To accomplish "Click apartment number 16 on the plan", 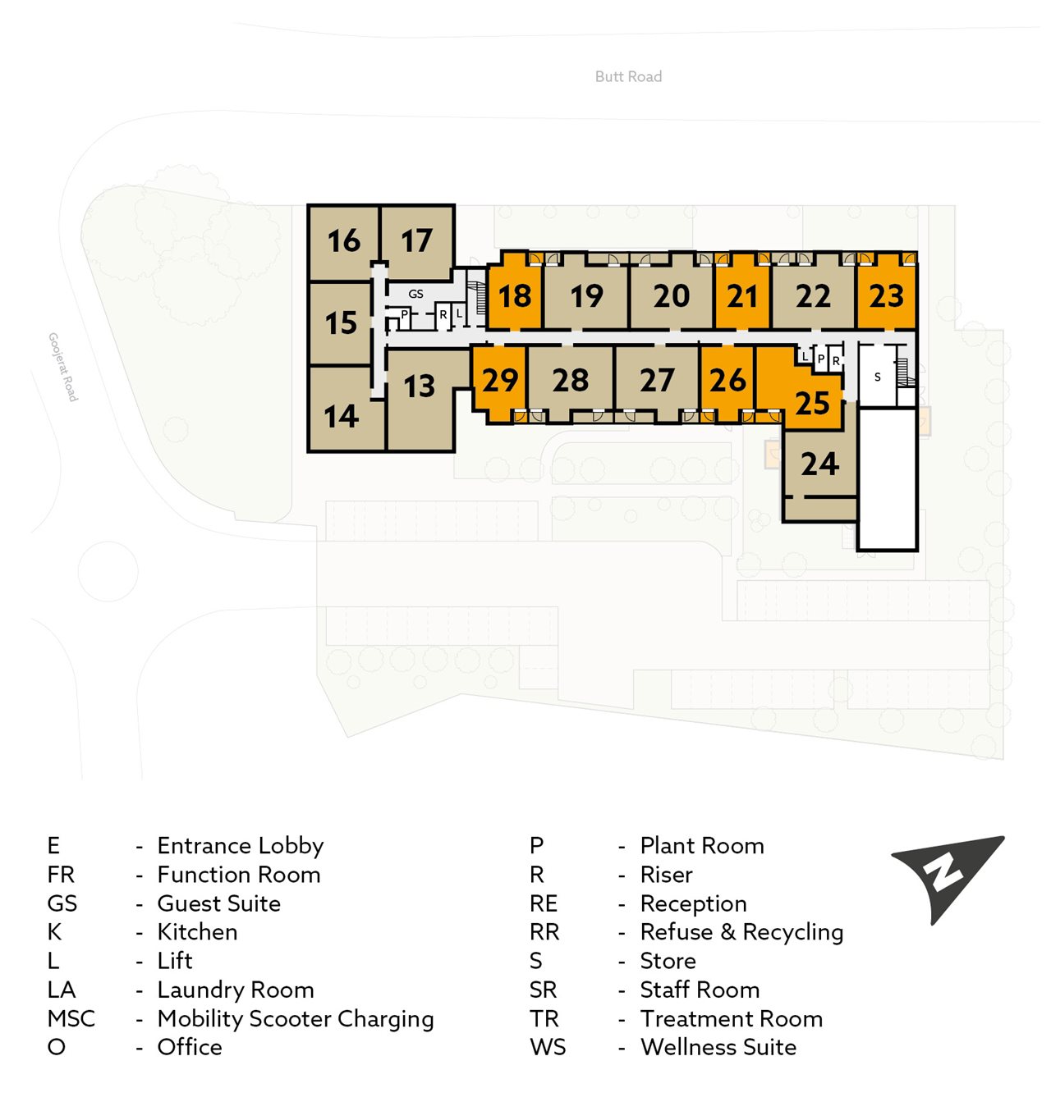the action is (343, 241).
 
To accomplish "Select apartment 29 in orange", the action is (499, 381).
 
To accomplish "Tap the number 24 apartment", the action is (819, 464).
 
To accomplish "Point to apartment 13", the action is (419, 386).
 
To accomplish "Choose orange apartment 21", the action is (742, 296).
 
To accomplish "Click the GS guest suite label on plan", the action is (416, 294).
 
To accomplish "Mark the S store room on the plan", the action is (877, 377).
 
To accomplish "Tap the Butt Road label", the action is (628, 76).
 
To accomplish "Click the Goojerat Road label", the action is (63, 366).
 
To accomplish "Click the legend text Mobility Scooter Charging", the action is (296, 1018).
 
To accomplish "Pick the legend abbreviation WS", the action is (548, 1047).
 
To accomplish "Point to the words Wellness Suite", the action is (718, 1047).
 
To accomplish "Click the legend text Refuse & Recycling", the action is (741, 932).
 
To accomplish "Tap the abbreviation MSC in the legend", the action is (71, 1018).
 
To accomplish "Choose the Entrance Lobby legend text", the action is (241, 846).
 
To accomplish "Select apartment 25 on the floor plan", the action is (811, 403).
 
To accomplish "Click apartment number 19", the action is (586, 296).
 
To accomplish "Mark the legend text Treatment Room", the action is (731, 1018).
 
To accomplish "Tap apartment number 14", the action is (341, 417).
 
